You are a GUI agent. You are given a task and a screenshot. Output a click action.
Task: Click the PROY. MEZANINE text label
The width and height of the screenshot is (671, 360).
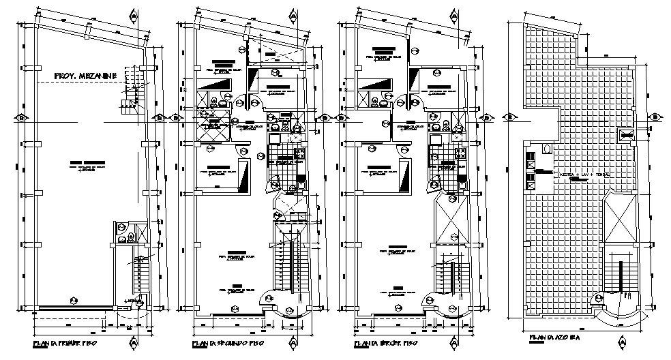click(x=85, y=75)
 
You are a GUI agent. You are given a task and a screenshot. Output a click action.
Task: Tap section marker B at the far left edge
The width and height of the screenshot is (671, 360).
click(x=21, y=117)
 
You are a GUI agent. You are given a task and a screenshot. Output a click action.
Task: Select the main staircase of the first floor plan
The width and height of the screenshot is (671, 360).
click(x=141, y=276)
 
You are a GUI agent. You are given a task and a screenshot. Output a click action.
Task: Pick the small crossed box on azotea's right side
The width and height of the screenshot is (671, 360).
click(x=625, y=134)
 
